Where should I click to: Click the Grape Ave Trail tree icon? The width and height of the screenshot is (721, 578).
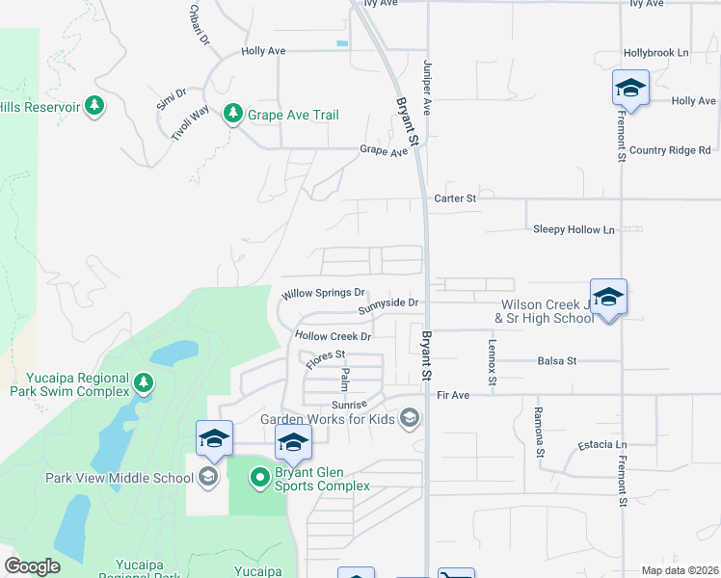(232, 115)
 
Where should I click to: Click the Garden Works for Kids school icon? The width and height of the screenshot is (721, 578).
(410, 418)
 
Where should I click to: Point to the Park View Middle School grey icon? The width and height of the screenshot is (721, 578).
(207, 477)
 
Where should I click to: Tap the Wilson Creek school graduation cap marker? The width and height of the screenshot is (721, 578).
(607, 298)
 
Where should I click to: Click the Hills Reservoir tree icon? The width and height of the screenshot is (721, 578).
(93, 106)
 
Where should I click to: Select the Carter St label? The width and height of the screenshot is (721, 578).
(456, 198)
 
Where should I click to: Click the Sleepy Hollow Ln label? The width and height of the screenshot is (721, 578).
(574, 229)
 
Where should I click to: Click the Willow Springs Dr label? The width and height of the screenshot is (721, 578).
(323, 293)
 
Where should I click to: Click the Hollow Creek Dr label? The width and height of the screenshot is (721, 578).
(334, 336)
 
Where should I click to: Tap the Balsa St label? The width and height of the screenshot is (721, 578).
(557, 360)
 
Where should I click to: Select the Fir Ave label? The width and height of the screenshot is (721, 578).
(452, 395)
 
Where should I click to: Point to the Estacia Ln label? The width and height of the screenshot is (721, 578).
(602, 445)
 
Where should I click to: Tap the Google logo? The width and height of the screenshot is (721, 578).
(32, 566)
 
